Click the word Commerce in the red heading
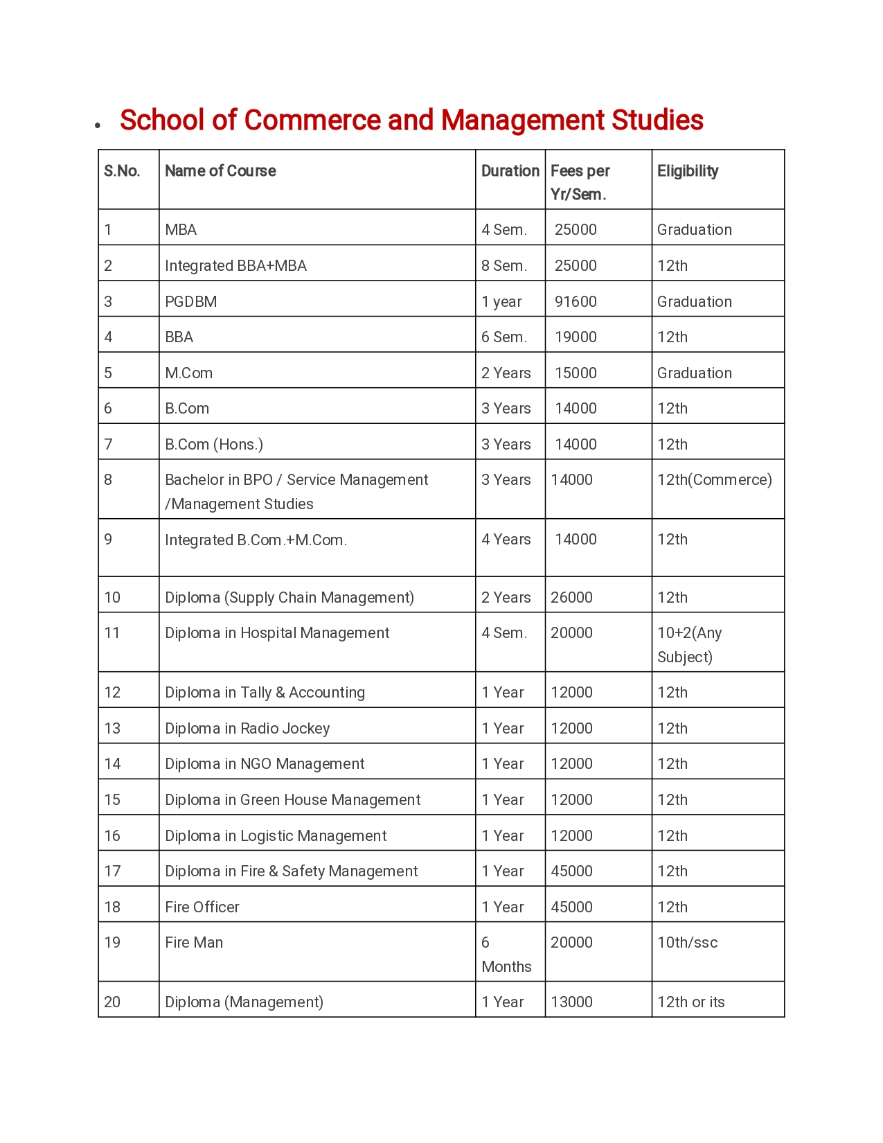click(312, 120)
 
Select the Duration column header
click(510, 171)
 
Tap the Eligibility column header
click(688, 171)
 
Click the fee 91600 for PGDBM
click(576, 302)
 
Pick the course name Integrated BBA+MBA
click(235, 266)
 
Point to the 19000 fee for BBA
click(576, 337)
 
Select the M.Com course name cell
click(188, 373)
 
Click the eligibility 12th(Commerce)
click(714, 480)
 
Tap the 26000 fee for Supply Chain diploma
click(571, 598)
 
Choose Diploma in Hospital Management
click(277, 633)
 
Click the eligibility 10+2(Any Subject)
click(689, 645)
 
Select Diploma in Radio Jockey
click(247, 729)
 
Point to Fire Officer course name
click(202, 907)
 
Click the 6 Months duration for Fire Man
click(506, 955)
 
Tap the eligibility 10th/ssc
click(687, 943)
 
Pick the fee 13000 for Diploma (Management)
click(571, 1002)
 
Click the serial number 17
click(112, 871)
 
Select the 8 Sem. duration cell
click(504, 266)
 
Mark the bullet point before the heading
click(98, 125)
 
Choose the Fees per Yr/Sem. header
click(580, 183)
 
